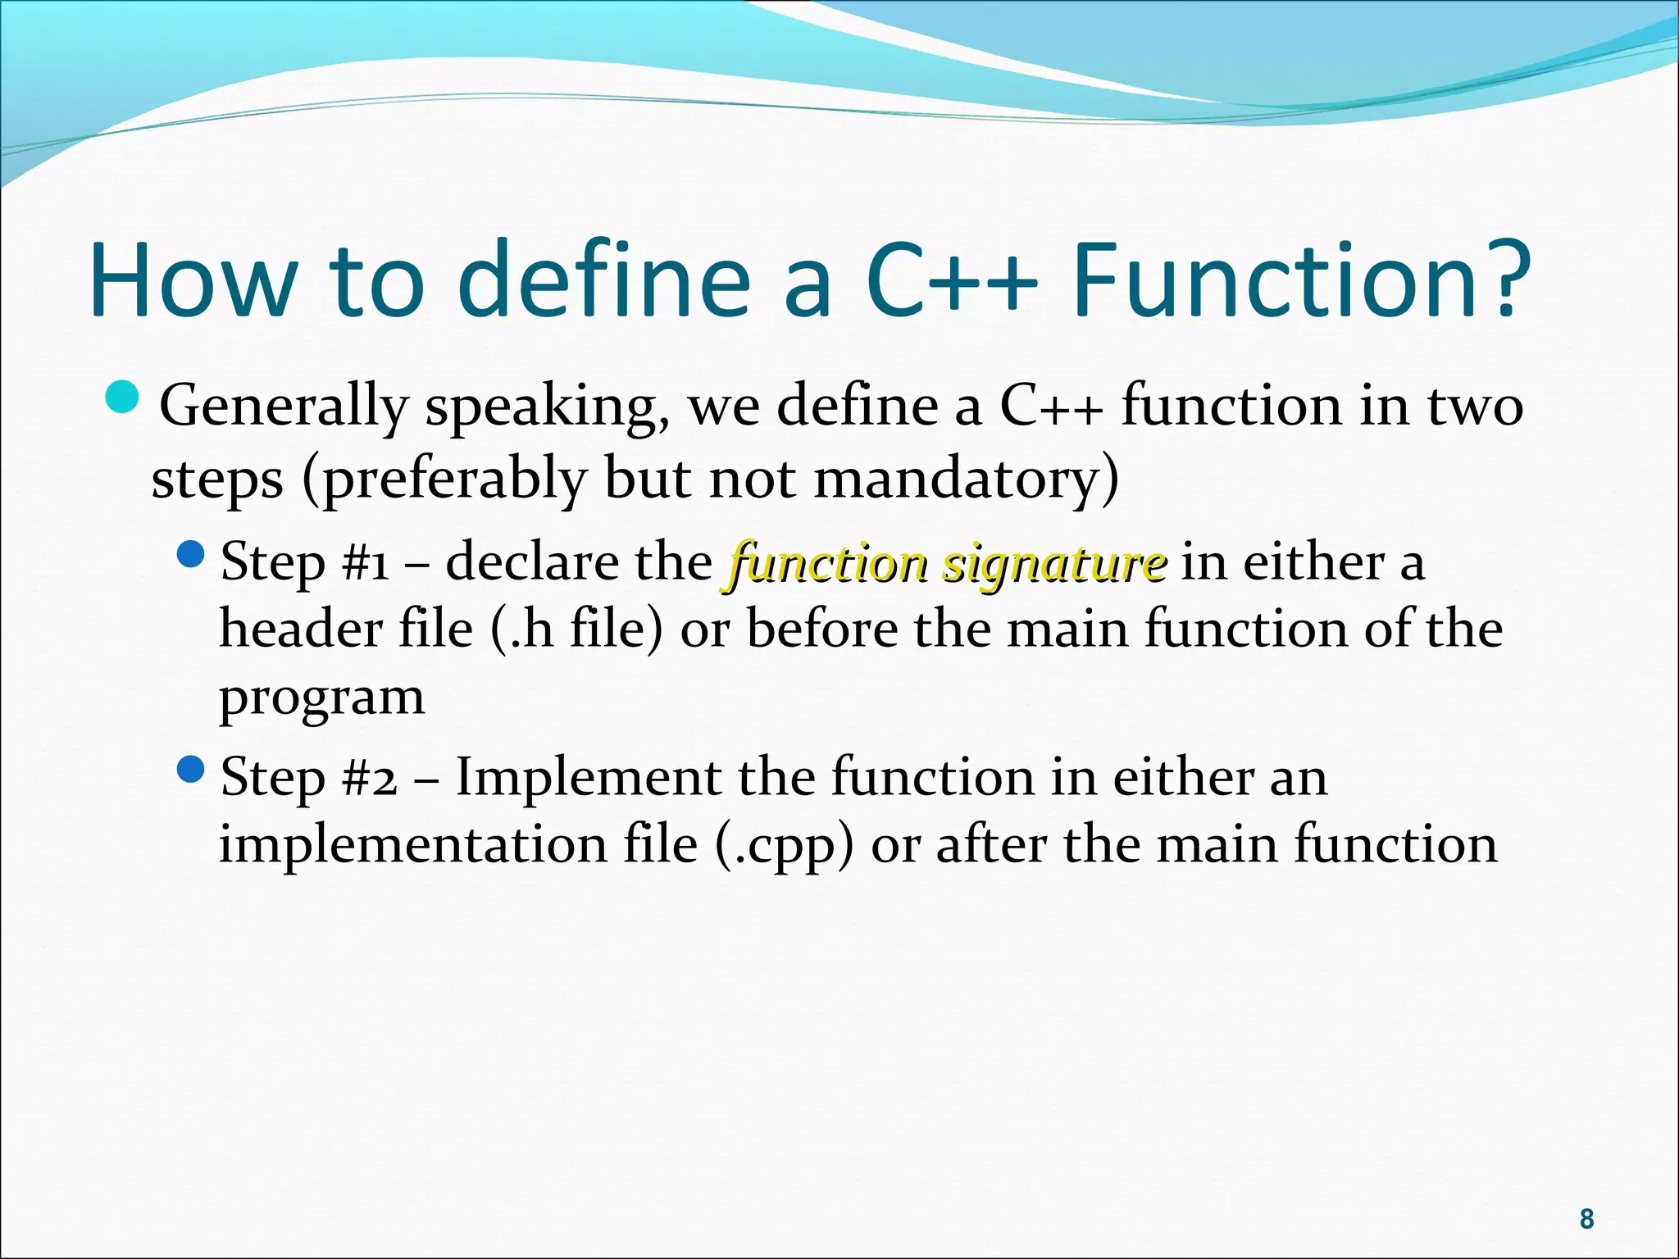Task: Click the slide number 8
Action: coord(1586,1219)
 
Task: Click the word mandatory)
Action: coord(966,480)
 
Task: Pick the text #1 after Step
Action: coord(366,564)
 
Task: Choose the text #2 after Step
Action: coord(370,778)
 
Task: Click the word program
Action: coord(322,699)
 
